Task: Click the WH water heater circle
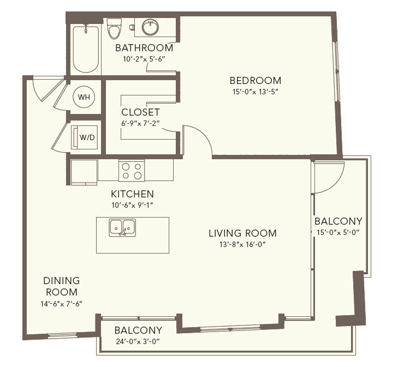[84, 97]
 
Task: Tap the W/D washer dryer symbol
[84, 137]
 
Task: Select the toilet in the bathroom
[114, 28]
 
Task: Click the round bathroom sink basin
[150, 27]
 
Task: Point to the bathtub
[86, 49]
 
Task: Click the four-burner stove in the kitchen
[132, 170]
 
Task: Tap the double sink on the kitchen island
[122, 227]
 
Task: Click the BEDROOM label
[256, 81]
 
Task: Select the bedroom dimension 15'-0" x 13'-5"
[256, 92]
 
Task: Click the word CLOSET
[140, 112]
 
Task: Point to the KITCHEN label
[132, 194]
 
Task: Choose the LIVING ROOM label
[242, 233]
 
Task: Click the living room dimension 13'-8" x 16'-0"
[242, 244]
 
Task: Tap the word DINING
[61, 280]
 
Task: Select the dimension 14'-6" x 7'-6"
[61, 304]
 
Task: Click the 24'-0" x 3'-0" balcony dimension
[138, 341]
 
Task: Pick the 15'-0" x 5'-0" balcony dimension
[338, 232]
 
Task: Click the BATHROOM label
[144, 48]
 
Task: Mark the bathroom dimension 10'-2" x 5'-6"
[144, 59]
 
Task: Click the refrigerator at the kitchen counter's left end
[84, 172]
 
